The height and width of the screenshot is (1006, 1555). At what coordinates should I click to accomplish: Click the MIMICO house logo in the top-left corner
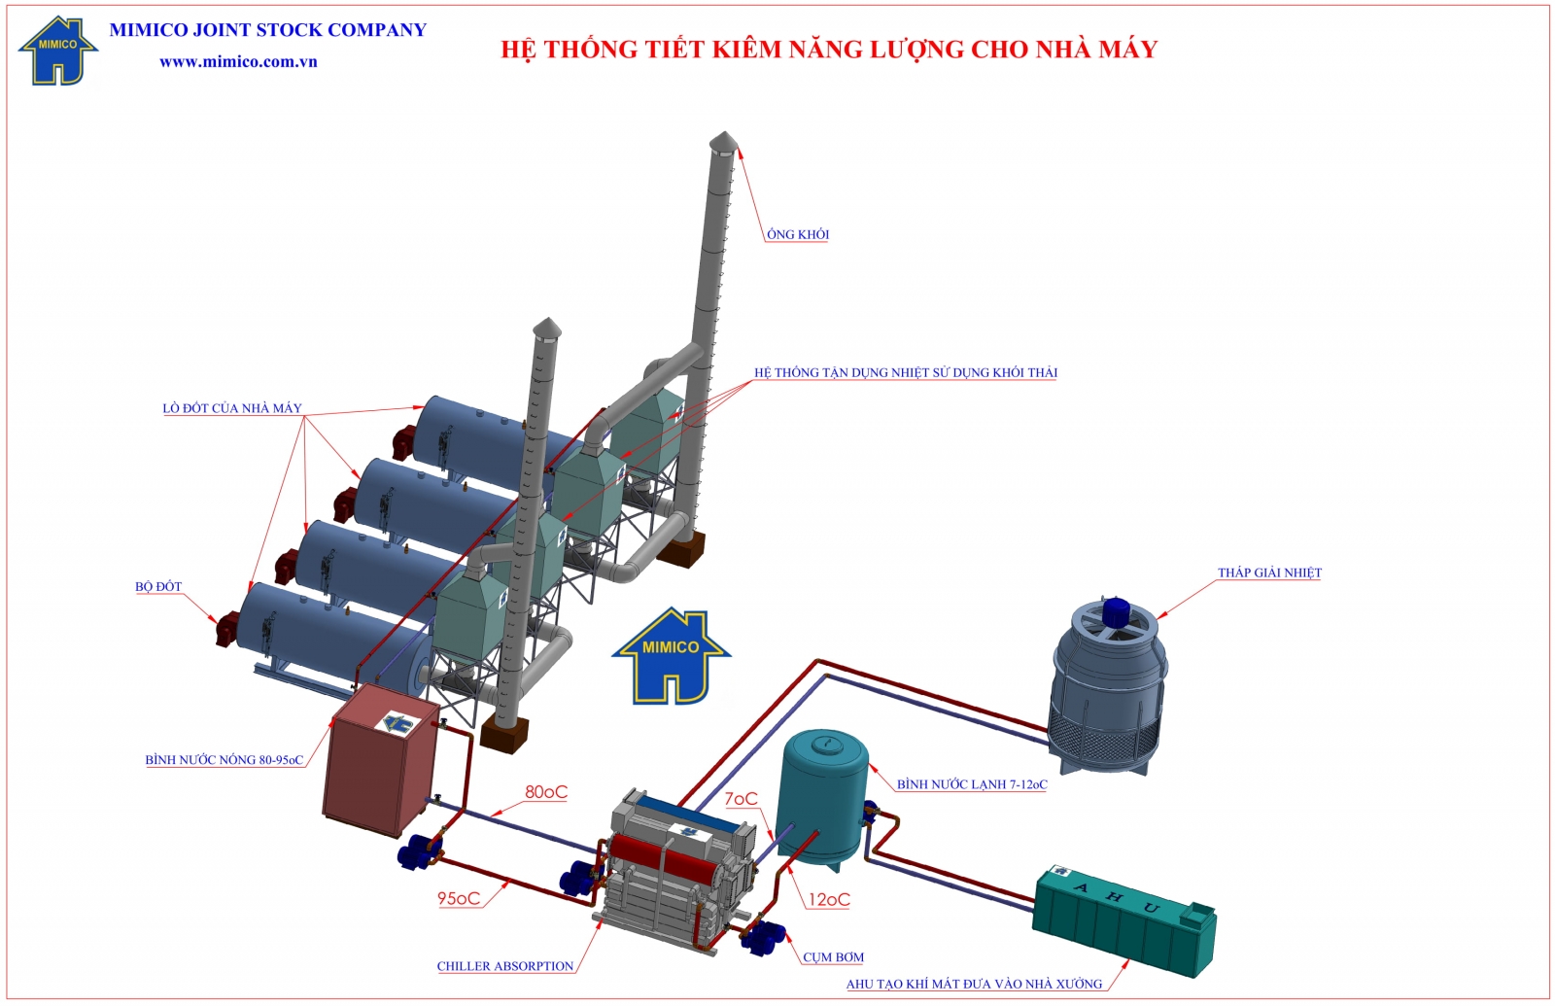pos(57,52)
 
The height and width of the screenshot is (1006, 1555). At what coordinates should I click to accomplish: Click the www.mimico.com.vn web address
pos(238,61)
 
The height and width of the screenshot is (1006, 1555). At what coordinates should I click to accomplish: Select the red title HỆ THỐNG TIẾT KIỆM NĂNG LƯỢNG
pos(829,50)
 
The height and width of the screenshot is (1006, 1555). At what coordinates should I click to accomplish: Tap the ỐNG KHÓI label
pos(797,234)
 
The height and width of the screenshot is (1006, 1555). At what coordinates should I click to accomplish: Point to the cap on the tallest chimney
pos(723,143)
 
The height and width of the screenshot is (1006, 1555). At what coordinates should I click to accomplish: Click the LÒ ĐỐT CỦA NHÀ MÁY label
pos(232,408)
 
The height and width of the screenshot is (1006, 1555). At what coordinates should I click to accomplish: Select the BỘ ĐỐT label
pos(158,587)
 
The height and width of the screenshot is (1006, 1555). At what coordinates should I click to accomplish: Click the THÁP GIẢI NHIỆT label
pos(1269,572)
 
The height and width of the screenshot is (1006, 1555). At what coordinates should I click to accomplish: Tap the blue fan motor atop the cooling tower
pos(1115,611)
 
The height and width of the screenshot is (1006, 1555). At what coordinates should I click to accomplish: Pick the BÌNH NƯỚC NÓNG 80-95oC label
pos(225,760)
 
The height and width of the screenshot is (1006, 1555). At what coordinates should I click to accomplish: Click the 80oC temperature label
pos(545,792)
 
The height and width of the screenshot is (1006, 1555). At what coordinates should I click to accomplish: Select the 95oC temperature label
pos(459,898)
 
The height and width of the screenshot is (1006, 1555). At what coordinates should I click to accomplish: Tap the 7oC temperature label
pos(741,799)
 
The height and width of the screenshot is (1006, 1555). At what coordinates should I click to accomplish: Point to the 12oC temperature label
pos(829,900)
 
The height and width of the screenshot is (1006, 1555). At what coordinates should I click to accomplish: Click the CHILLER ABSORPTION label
pos(505,966)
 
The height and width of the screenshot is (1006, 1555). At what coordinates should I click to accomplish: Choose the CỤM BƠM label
pos(833,957)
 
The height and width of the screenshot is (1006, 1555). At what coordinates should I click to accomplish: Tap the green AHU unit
pos(1123,919)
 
